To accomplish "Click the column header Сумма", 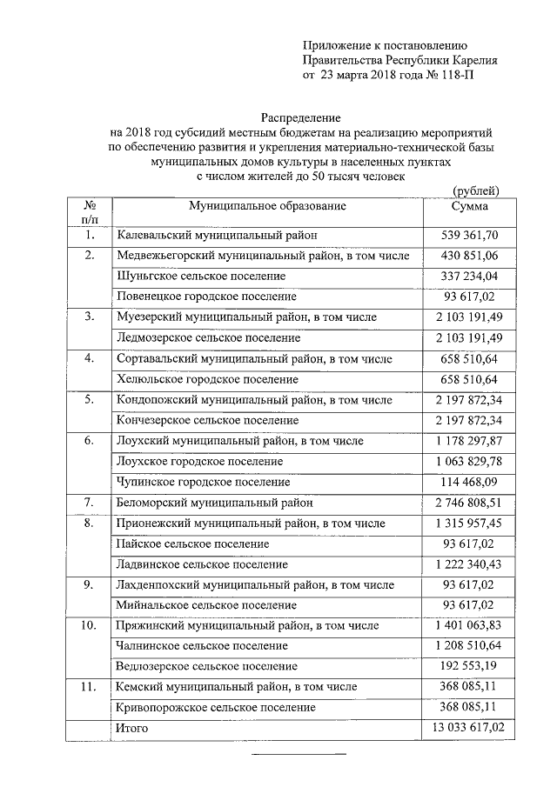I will click(470, 206).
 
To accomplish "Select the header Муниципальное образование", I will click(268, 206).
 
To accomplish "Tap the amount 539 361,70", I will click(469, 235).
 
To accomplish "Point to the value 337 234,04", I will click(469, 276).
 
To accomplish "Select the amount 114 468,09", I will click(469, 482).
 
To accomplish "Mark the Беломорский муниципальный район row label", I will click(214, 503).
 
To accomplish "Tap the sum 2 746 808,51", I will click(469, 503).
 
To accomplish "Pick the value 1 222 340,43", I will click(469, 564).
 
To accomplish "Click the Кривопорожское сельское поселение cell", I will click(215, 708).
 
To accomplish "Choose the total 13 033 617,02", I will click(469, 728).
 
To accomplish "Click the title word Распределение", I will click(302, 117).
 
